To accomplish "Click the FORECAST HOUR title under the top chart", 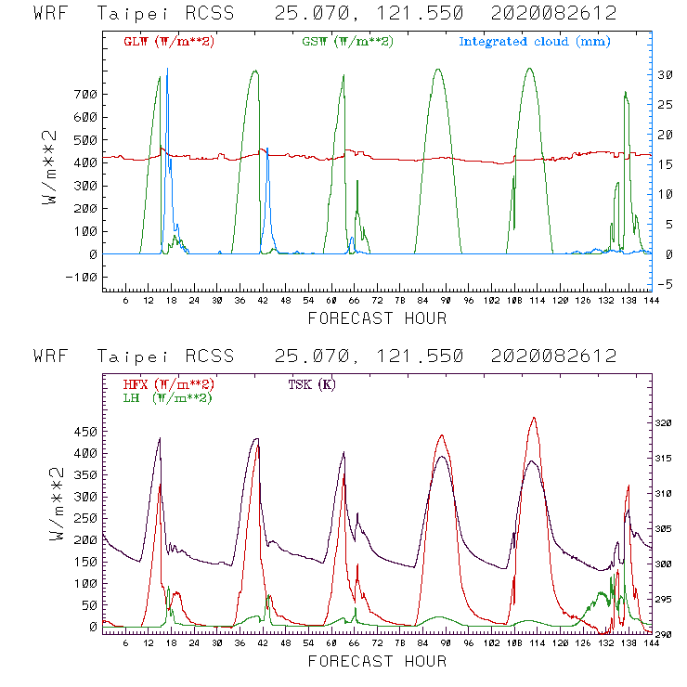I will pyautogui.click(x=377, y=318).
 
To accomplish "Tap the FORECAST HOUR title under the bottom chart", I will pyautogui.click(x=377, y=661).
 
